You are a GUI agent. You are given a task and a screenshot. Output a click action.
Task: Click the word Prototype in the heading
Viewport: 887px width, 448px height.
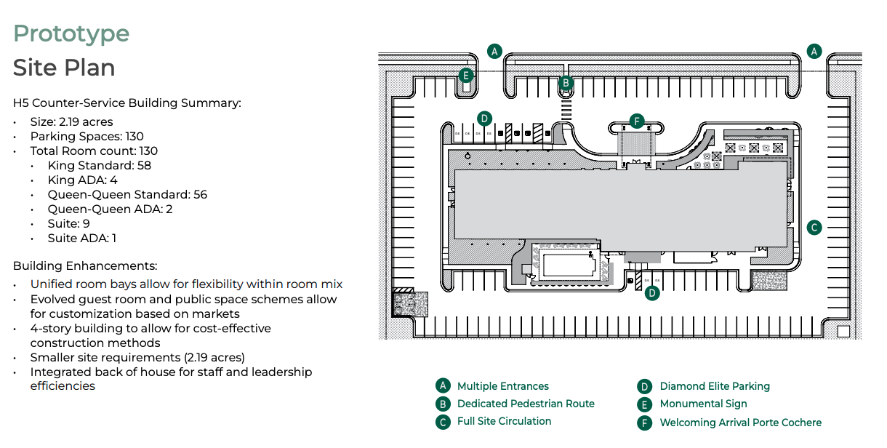[x=71, y=33]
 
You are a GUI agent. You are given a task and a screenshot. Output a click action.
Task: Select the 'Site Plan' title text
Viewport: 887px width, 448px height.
[x=64, y=68]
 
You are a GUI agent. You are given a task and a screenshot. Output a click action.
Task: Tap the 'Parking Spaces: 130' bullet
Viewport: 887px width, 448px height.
[x=87, y=137]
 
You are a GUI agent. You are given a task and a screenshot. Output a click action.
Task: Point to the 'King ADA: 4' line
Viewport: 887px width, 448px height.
[x=82, y=180]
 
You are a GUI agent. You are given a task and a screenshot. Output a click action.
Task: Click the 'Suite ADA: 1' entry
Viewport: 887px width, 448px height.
[x=82, y=239]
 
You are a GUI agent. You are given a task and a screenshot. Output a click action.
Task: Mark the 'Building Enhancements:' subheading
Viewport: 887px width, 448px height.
[x=84, y=266]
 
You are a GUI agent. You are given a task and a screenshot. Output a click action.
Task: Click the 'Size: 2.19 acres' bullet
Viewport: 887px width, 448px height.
[x=71, y=122]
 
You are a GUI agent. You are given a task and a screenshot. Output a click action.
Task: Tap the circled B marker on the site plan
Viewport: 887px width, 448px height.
[x=566, y=83]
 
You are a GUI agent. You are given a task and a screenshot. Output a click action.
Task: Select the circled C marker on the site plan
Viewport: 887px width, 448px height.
[x=814, y=228]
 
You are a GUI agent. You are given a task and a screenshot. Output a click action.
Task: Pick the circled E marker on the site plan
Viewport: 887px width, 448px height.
[x=466, y=75]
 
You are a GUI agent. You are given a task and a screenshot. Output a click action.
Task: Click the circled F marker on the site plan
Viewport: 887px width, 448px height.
[x=637, y=121]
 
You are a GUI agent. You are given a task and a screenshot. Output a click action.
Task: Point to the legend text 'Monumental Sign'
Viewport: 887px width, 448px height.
[x=703, y=404]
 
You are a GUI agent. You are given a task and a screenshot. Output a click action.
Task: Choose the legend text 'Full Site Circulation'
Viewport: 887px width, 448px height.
[x=504, y=421]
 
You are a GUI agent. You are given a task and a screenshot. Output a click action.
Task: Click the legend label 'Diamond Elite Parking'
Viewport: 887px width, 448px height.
[x=715, y=386]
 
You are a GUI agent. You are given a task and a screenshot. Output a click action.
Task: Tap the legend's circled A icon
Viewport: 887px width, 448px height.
[x=443, y=386]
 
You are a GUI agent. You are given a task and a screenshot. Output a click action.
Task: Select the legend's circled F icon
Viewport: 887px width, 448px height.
[x=644, y=423]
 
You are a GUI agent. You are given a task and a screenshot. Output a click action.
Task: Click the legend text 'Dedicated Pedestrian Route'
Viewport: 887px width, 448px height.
[x=526, y=404]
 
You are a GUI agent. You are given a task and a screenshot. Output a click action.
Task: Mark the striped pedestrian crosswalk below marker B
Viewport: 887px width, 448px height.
[x=566, y=110]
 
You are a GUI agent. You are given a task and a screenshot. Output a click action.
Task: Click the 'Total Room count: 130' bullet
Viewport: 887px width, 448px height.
[x=94, y=151]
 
